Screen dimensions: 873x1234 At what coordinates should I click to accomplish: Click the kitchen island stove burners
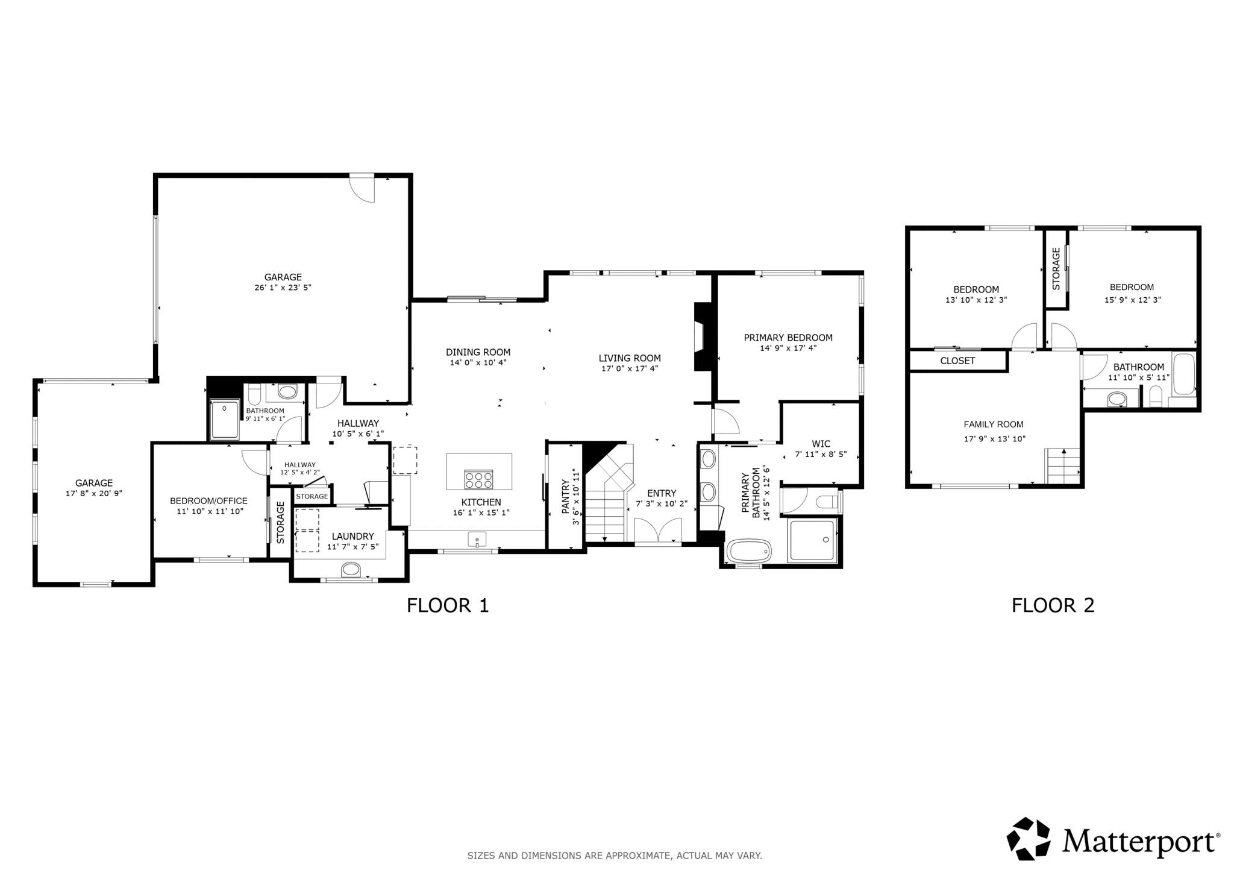pyautogui.click(x=478, y=479)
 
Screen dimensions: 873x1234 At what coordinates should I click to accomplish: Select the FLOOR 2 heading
pyautogui.click(x=1053, y=605)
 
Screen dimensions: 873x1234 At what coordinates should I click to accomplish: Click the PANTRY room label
pyautogui.click(x=565, y=496)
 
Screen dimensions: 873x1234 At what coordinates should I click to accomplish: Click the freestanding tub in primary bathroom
pyautogui.click(x=749, y=551)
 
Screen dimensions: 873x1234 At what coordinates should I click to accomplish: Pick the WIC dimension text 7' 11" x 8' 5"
pyautogui.click(x=821, y=455)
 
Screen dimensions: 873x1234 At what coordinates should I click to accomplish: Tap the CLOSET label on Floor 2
pyautogui.click(x=957, y=361)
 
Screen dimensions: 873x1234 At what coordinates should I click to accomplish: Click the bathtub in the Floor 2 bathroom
pyautogui.click(x=1184, y=374)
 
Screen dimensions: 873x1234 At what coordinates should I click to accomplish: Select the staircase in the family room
pyautogui.click(x=1063, y=467)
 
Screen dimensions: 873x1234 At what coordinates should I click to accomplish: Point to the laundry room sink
pyautogui.click(x=351, y=569)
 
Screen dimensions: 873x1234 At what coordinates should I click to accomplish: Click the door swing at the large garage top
pyautogui.click(x=364, y=189)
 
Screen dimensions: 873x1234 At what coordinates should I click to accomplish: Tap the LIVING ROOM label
pyautogui.click(x=629, y=358)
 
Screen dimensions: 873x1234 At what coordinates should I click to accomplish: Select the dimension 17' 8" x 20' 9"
pyautogui.click(x=94, y=493)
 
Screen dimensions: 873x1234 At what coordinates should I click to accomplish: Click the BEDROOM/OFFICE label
pyautogui.click(x=208, y=501)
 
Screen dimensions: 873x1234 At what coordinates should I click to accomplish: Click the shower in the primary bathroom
pyautogui.click(x=812, y=540)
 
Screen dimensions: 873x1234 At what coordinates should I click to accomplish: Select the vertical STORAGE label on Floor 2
pyautogui.click(x=1056, y=269)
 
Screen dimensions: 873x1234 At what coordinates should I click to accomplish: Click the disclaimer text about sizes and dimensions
pyautogui.click(x=615, y=856)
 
